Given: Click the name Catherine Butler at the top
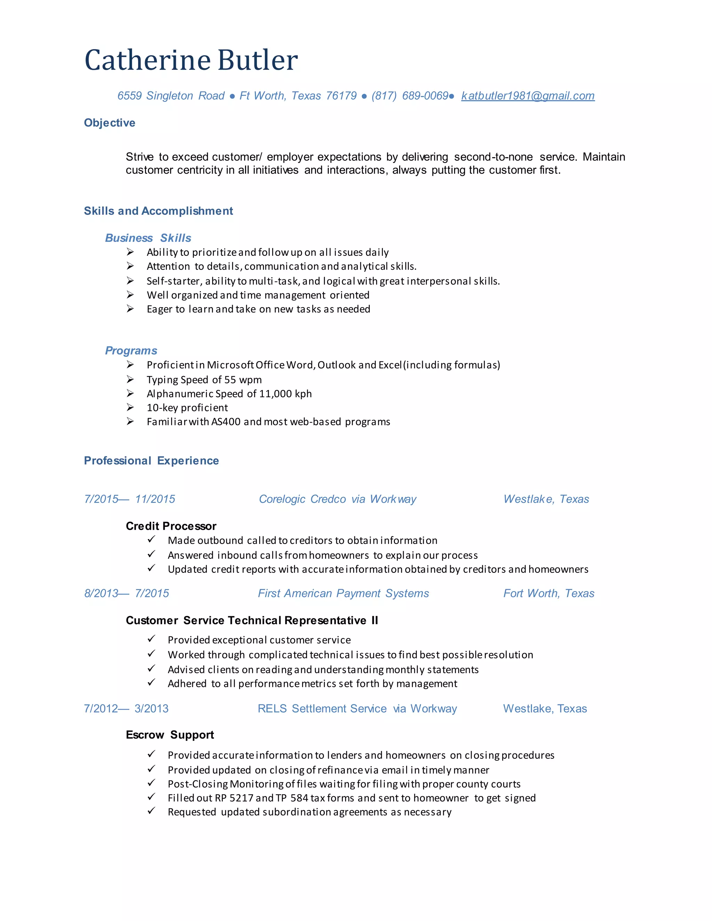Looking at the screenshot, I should pos(191,60).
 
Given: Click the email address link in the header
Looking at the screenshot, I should pos(528,96).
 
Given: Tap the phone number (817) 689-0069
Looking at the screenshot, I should pos(410,96).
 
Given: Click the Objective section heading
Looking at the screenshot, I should pos(110,123).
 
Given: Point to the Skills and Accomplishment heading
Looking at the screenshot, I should pos(158,211).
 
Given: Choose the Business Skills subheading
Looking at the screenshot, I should pos(148,238).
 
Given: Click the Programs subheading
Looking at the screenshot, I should pos(131,350).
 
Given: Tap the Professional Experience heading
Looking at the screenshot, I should pos(152,461).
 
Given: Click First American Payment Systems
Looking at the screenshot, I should pos(343,593).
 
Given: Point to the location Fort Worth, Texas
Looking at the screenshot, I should pos(549,593).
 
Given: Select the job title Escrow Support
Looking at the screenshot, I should pos(170,735).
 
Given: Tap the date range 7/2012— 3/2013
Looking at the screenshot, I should pos(126,708).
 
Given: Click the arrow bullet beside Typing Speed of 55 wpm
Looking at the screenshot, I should pos(130,380).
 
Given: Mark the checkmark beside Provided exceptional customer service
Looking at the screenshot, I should pos(152,639).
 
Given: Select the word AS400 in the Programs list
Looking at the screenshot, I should pos(226,422).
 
